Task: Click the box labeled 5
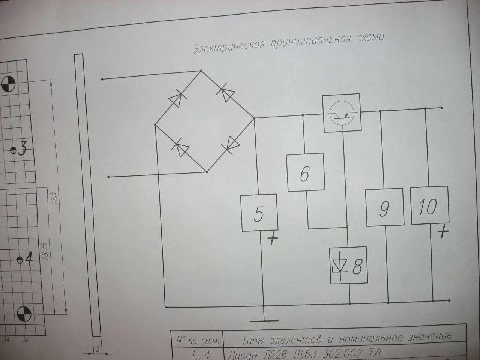[259, 213]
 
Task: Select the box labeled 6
[306, 172]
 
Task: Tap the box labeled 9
[385, 207]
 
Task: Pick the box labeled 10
[430, 205]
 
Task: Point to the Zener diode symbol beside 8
[340, 266]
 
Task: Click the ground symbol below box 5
[264, 321]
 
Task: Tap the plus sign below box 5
[273, 238]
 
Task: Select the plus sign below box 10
[443, 232]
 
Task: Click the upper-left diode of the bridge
[178, 99]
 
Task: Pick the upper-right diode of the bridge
[226, 93]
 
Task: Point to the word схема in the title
[370, 38]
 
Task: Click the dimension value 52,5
[55, 198]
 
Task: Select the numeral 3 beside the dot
[22, 148]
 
